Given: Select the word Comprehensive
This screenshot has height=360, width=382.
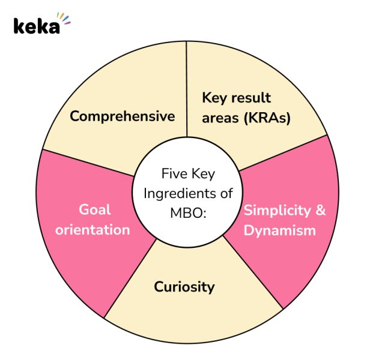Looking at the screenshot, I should click(122, 116).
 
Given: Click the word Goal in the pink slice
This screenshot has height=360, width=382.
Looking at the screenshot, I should click(95, 209).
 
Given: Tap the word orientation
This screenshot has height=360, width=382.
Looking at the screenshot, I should click(92, 229).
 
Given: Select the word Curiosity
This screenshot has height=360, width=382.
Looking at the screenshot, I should click(184, 287).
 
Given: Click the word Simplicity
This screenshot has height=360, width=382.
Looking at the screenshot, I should click(277, 211).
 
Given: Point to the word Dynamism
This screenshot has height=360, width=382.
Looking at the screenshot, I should click(280, 230).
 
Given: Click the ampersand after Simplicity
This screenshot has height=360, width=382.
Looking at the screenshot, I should click(321, 211).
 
